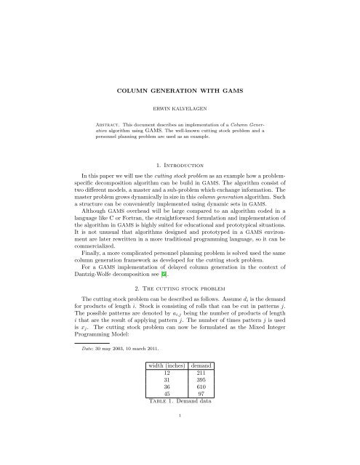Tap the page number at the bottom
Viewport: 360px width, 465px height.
pos(180,456)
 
